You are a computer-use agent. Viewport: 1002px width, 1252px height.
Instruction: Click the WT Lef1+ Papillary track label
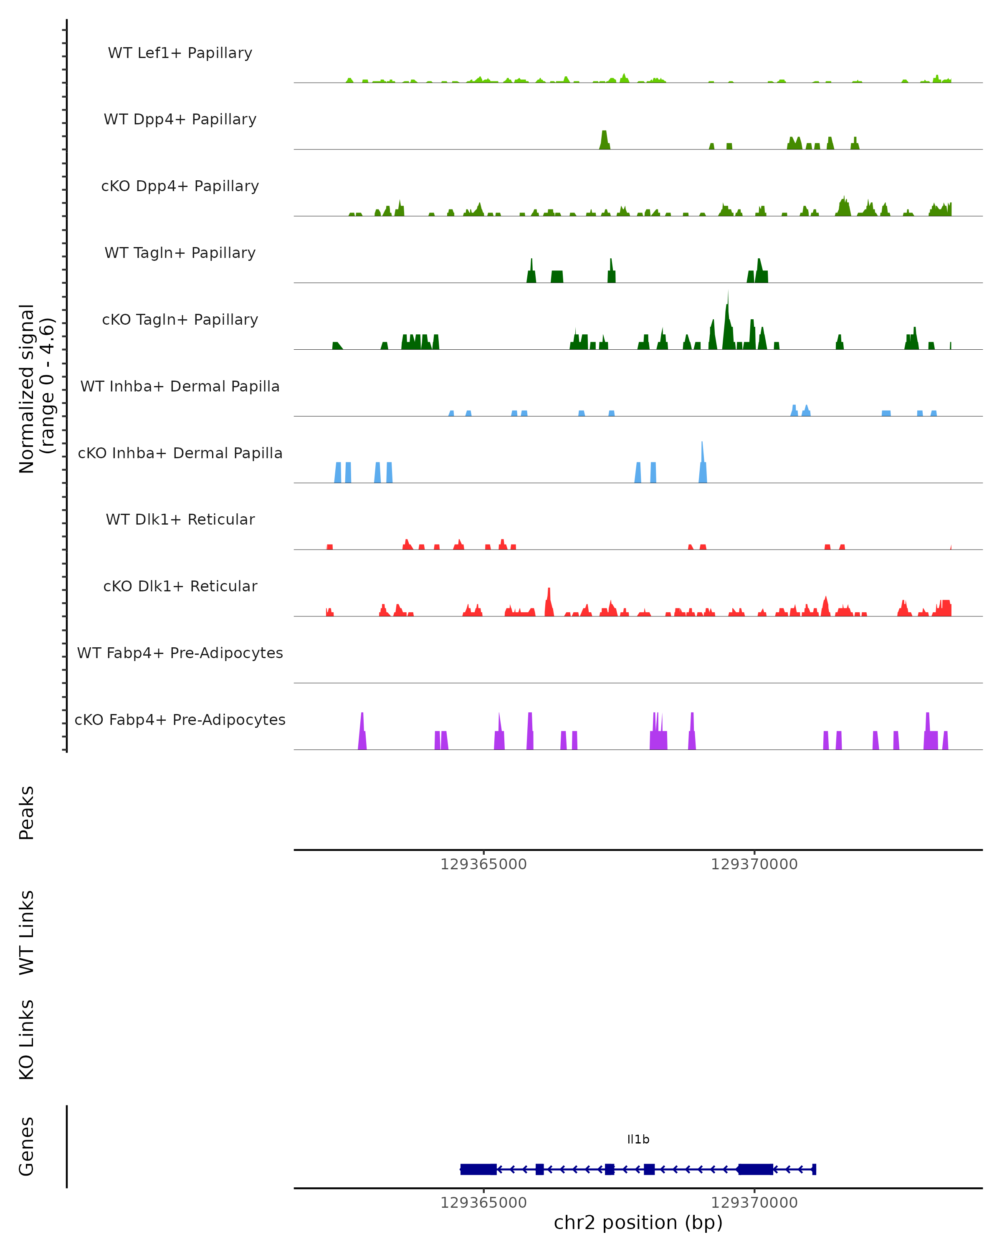pyautogui.click(x=180, y=53)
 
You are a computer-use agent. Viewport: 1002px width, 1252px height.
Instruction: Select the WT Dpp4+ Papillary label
pyautogui.click(x=180, y=120)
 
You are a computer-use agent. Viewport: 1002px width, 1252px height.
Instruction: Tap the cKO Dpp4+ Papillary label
pyautogui.click(x=180, y=187)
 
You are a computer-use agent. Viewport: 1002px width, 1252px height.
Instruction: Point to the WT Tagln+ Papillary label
pyautogui.click(x=180, y=253)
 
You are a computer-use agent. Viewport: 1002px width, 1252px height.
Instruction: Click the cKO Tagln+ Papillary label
pyautogui.click(x=180, y=320)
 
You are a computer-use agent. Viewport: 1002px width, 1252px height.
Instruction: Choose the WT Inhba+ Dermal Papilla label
pyautogui.click(x=180, y=387)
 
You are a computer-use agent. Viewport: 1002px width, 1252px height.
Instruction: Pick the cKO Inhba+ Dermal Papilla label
pyautogui.click(x=180, y=454)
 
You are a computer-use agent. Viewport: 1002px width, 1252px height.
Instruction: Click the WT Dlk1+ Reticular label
pyautogui.click(x=180, y=520)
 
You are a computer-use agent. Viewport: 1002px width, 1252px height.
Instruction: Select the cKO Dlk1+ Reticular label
pyautogui.click(x=180, y=586)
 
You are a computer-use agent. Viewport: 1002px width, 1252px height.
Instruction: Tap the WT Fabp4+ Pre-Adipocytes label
pyautogui.click(x=180, y=653)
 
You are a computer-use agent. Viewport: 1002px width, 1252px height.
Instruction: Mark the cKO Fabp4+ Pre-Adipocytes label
pyautogui.click(x=180, y=720)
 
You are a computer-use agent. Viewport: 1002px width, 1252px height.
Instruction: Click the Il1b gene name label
pyautogui.click(x=638, y=1140)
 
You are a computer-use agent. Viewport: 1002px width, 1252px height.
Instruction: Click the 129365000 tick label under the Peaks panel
pyautogui.click(x=483, y=865)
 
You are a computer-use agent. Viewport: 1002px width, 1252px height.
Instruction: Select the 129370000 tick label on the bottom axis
pyautogui.click(x=754, y=1203)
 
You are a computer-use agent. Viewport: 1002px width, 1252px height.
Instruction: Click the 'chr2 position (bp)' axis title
pyautogui.click(x=638, y=1223)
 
